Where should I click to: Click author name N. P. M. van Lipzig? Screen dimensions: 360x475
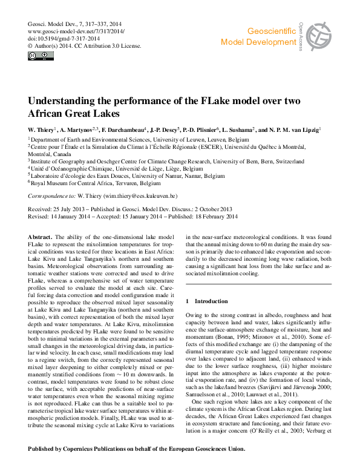click(x=298, y=129)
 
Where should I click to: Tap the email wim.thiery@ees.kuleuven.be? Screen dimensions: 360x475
click(x=128, y=197)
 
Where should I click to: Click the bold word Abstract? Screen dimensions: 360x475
click(x=41, y=236)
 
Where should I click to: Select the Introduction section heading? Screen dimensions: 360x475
click(x=203, y=301)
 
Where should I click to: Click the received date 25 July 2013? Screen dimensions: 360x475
click(x=68, y=209)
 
